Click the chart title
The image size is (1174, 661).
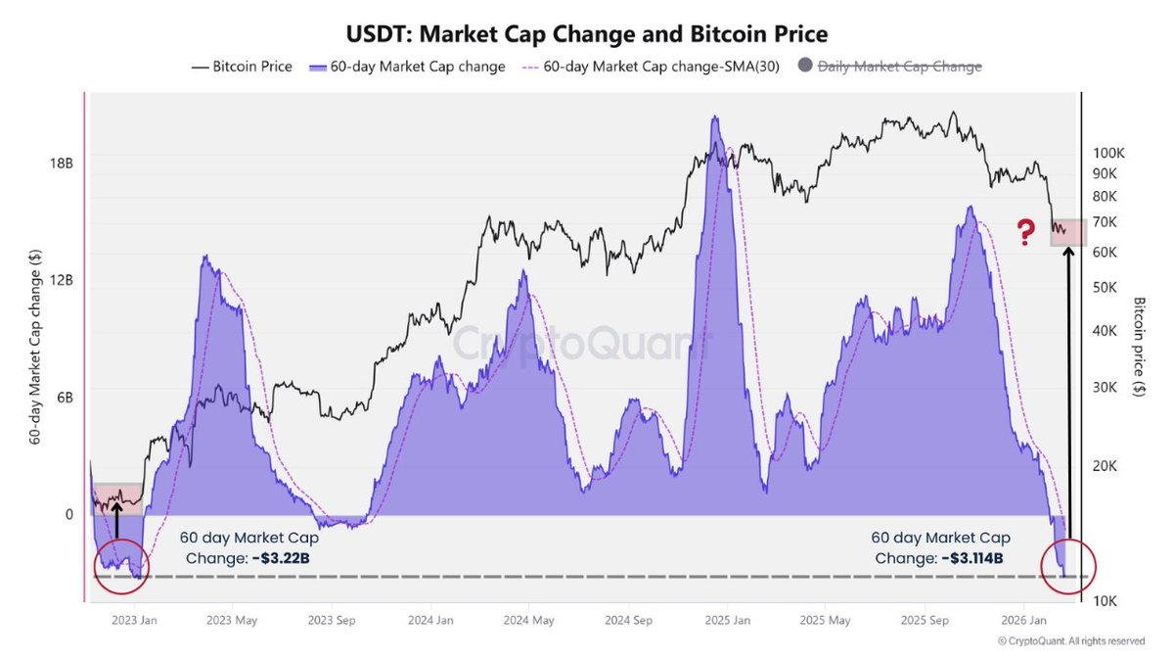pyautogui.click(x=587, y=34)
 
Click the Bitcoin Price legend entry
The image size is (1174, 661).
pyautogui.click(x=242, y=67)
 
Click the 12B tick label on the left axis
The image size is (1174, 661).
pyautogui.click(x=62, y=280)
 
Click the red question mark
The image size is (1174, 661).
pyautogui.click(x=1025, y=233)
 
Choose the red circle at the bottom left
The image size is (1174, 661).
pyautogui.click(x=121, y=566)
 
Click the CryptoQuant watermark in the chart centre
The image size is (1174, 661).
pyautogui.click(x=583, y=345)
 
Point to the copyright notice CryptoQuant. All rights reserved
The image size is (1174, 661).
pyautogui.click(x=1070, y=641)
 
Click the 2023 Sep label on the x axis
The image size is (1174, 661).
pyautogui.click(x=331, y=620)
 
